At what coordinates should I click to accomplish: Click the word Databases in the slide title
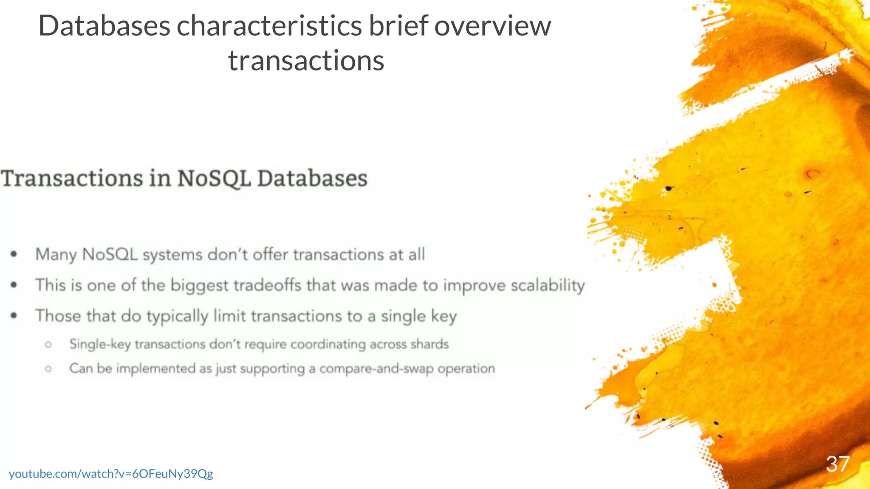click(x=104, y=26)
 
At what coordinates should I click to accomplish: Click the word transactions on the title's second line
click(x=306, y=61)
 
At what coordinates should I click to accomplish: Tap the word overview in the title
click(x=492, y=26)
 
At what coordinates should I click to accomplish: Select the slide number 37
click(x=838, y=464)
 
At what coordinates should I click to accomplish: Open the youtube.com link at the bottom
click(x=111, y=474)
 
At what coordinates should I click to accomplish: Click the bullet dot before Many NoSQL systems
click(x=14, y=254)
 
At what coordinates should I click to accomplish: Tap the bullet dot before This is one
click(x=14, y=285)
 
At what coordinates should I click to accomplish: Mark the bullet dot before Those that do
click(x=14, y=315)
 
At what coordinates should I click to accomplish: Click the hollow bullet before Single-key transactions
click(x=48, y=344)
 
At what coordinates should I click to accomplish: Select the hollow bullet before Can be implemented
click(x=48, y=368)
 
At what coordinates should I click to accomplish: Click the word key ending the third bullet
click(x=443, y=317)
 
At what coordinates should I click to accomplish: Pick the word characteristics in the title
click(x=269, y=26)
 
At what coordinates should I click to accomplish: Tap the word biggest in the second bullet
click(x=199, y=286)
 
